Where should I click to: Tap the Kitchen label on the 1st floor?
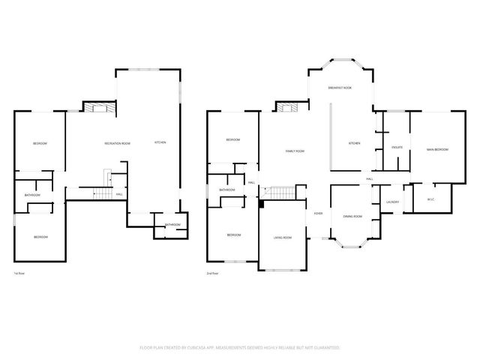160,143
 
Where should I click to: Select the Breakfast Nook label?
340,88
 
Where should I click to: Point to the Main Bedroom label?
437,150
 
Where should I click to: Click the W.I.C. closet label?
430,199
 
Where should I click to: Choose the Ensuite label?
397,147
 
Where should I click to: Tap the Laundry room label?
392,202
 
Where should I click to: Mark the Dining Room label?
352,217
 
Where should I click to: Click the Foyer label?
319,213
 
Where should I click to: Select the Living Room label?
282,238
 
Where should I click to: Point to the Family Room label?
295,151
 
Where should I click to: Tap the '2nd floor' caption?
213,274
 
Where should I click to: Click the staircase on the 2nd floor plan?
280,194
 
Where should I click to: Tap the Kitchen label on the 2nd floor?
354,143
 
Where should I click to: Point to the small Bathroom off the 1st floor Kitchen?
172,225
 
